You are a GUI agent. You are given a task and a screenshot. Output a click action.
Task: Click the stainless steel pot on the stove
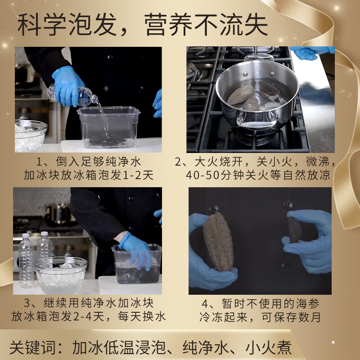coord(256,97)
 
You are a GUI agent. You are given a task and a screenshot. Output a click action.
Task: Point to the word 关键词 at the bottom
coord(30,347)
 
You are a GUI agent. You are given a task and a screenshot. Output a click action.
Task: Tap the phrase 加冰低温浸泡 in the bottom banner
coord(117,347)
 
